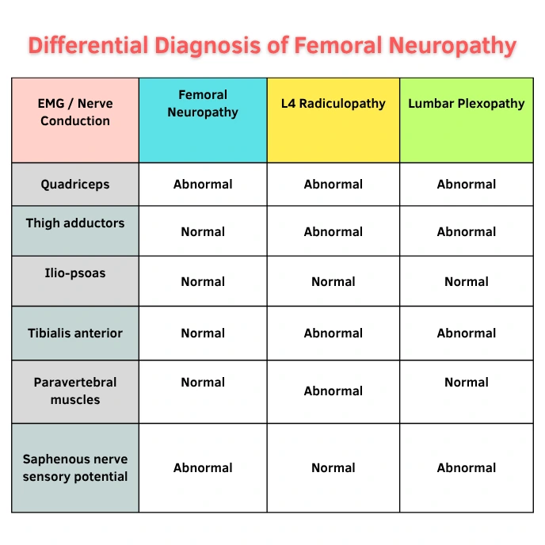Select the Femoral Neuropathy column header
coord(203,103)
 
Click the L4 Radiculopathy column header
coord(333,103)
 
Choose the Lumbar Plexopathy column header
coord(467,103)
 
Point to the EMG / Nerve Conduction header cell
coord(75,112)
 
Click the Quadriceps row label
coord(75,185)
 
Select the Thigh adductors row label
coord(75,223)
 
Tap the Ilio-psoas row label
coord(75,273)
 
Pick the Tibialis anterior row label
coord(75,333)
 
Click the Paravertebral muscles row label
coord(75,391)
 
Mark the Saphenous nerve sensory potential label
coord(75,467)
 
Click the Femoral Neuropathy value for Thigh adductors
coord(203,231)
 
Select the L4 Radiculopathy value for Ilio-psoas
coord(333,281)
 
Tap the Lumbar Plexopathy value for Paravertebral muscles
coord(467,382)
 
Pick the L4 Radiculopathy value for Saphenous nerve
coord(333,467)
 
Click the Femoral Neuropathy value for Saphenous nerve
coord(203,467)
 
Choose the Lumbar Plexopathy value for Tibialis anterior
coord(467,333)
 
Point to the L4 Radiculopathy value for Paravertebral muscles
coord(333,391)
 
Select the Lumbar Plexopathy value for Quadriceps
coord(467,185)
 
